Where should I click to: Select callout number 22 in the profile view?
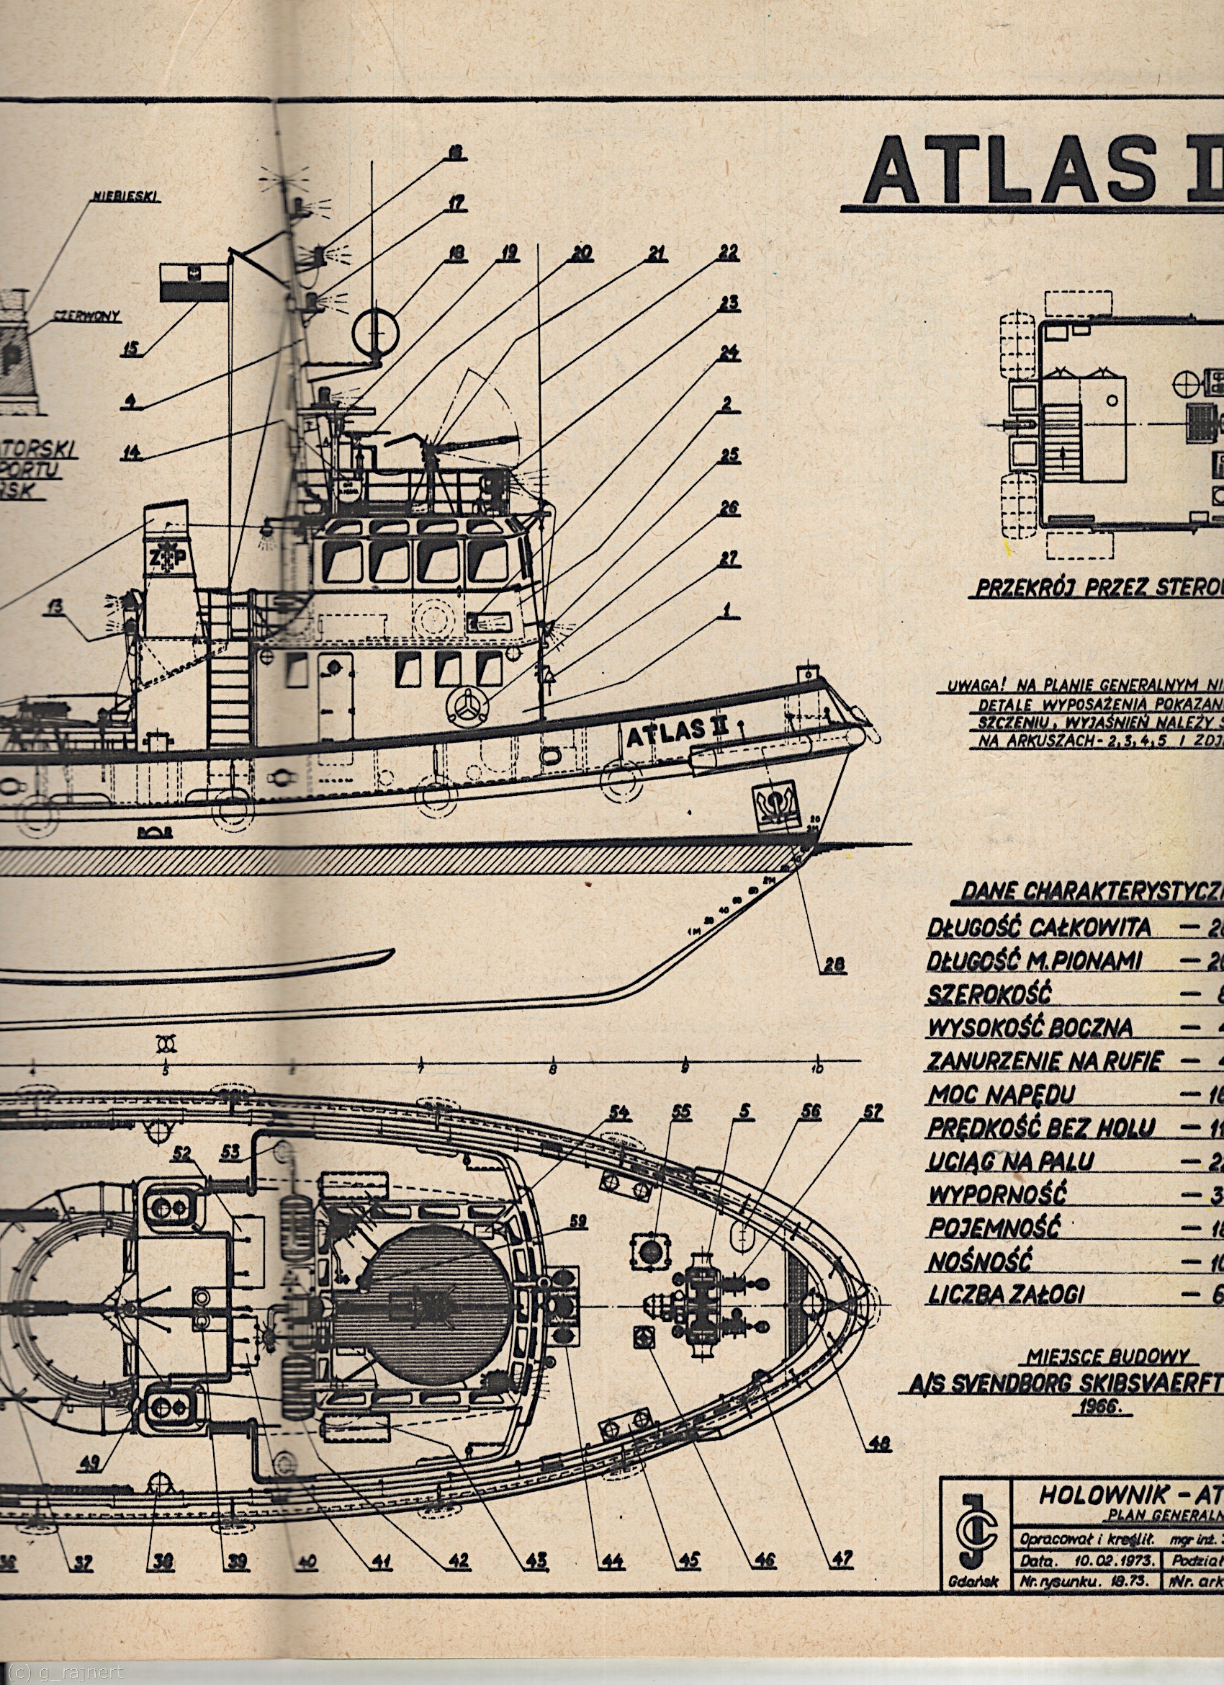[x=728, y=254]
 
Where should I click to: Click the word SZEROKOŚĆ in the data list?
[x=978, y=995]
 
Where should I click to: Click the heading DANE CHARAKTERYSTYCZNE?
[x=1092, y=891]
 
